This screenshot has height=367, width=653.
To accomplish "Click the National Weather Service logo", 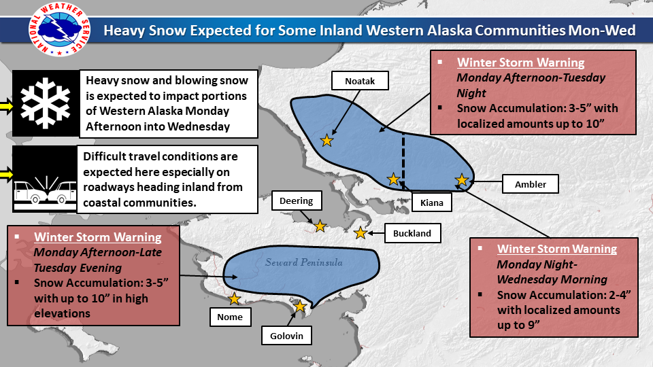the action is [59, 29].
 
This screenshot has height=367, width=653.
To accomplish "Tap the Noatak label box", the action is [360, 81].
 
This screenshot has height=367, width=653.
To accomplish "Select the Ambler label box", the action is [530, 184].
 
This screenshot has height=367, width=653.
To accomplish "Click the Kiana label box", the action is [431, 203].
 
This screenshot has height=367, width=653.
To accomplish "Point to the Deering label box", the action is [297, 200].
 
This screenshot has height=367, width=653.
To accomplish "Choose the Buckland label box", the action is [412, 233].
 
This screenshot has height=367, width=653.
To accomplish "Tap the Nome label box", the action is [230, 317].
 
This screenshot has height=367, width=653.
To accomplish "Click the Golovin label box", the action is [286, 335].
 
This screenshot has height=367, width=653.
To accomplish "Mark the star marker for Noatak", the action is [327, 141].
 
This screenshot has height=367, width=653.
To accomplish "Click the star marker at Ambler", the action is [461, 179].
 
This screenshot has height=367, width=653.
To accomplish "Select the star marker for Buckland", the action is [361, 233].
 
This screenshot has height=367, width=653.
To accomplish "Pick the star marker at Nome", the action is [235, 298].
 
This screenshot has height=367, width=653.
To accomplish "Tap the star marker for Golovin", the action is [300, 307].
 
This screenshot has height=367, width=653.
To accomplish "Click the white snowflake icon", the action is [46, 103].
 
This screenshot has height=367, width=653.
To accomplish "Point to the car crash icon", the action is [46, 192].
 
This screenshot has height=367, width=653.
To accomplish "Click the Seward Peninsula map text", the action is [304, 262].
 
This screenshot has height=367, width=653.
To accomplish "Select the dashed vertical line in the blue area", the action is [403, 162].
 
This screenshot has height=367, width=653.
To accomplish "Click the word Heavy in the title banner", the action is [124, 31].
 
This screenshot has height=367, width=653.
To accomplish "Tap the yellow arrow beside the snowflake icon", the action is [6, 107].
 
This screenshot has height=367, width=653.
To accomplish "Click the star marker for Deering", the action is [320, 226].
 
